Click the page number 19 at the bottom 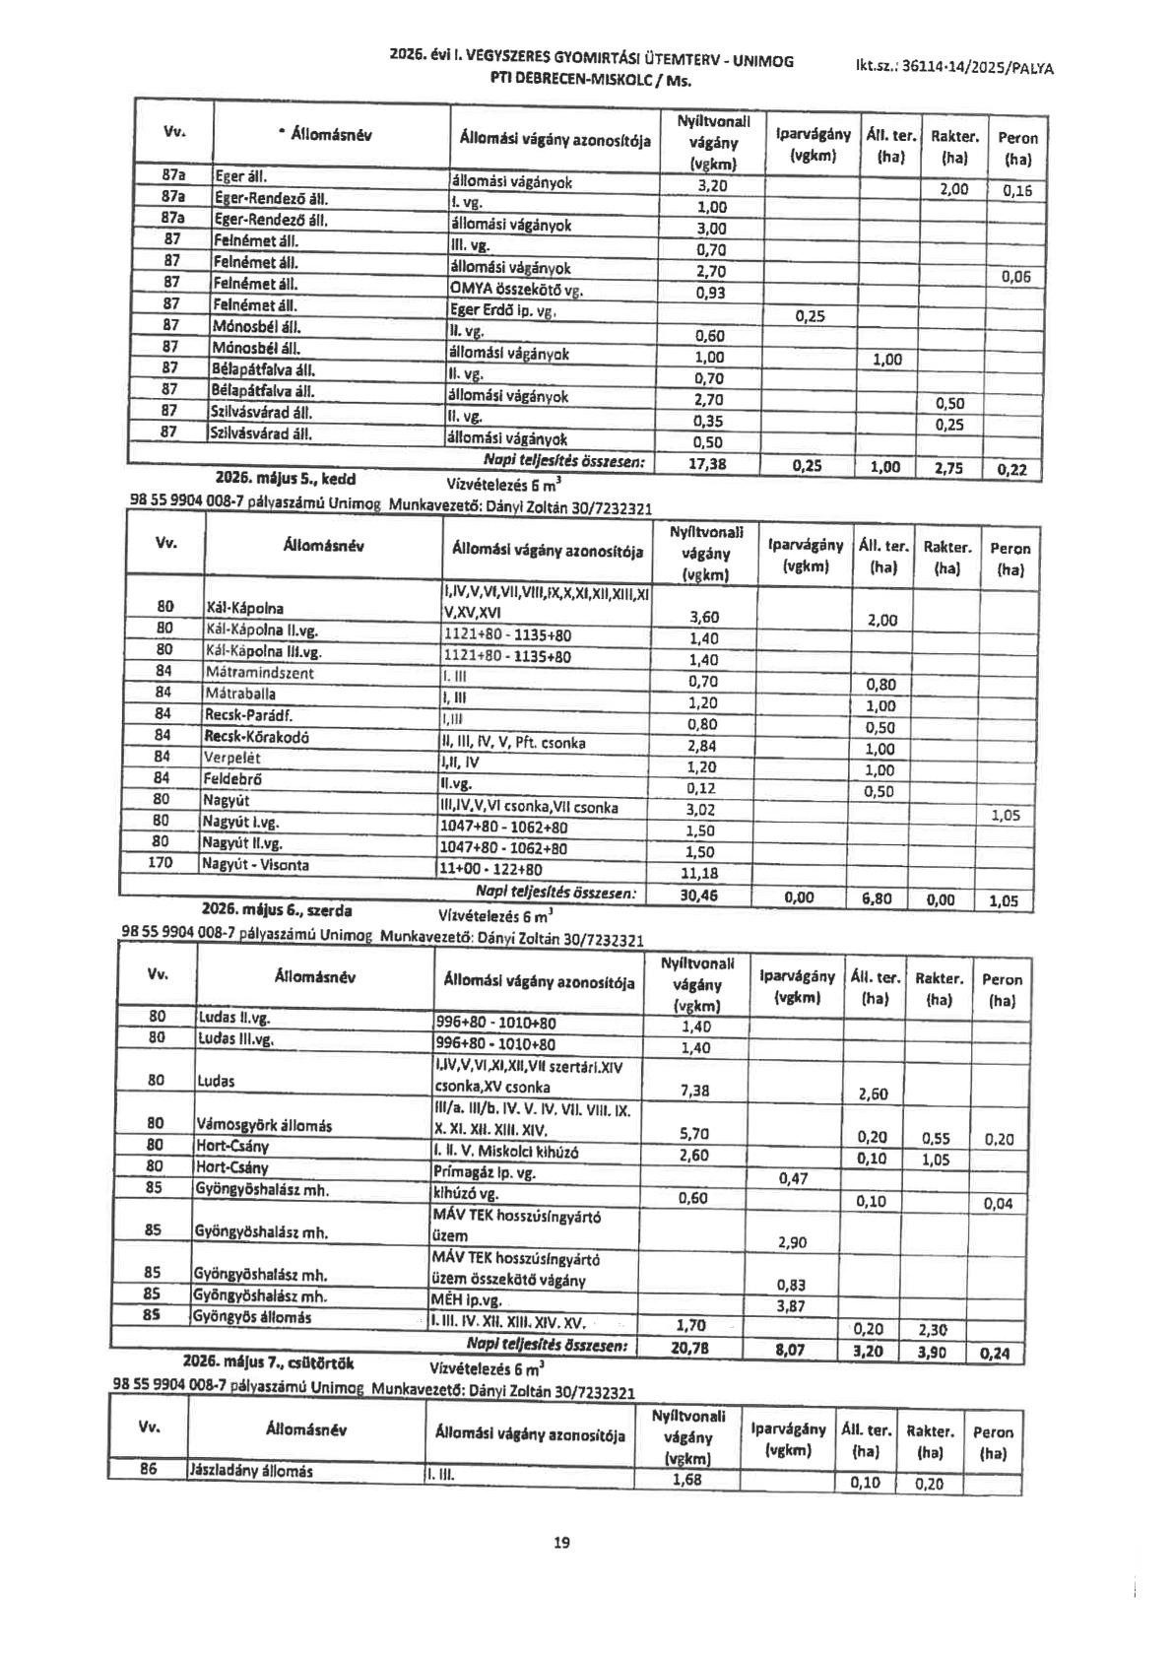tap(562, 1543)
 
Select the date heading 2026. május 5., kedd tap(286, 480)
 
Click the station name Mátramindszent tap(260, 673)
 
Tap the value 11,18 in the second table tap(699, 873)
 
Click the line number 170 tap(160, 863)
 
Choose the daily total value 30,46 tap(699, 895)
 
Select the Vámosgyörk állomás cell tap(264, 1125)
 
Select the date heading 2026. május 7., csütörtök tap(268, 1364)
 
